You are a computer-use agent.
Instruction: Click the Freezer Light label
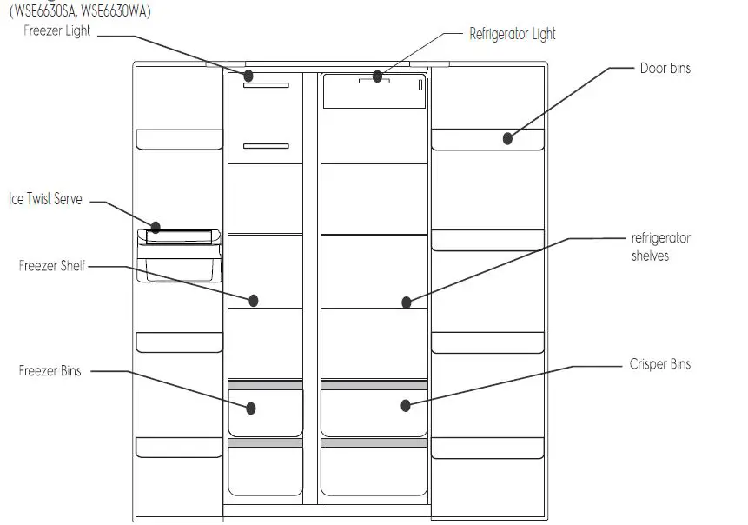point(57,32)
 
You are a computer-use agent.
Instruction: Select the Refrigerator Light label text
point(512,35)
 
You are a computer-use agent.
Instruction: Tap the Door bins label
point(665,68)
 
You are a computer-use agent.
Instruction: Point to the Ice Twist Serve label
point(45,199)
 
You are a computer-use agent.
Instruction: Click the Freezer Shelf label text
point(52,266)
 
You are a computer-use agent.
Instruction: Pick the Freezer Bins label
point(50,371)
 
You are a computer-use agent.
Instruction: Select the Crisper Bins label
point(659,364)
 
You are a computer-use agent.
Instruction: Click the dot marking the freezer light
point(248,76)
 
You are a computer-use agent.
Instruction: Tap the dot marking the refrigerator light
point(378,76)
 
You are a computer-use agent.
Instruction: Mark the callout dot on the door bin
point(507,137)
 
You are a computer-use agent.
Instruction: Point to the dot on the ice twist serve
point(156,229)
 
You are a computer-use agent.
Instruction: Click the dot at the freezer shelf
point(254,301)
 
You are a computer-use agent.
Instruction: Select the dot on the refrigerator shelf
point(406,302)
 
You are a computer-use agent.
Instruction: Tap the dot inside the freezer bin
point(251,407)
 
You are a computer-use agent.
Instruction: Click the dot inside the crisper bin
point(405,405)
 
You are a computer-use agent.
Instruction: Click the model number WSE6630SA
point(43,11)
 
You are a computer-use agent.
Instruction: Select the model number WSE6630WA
point(112,11)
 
